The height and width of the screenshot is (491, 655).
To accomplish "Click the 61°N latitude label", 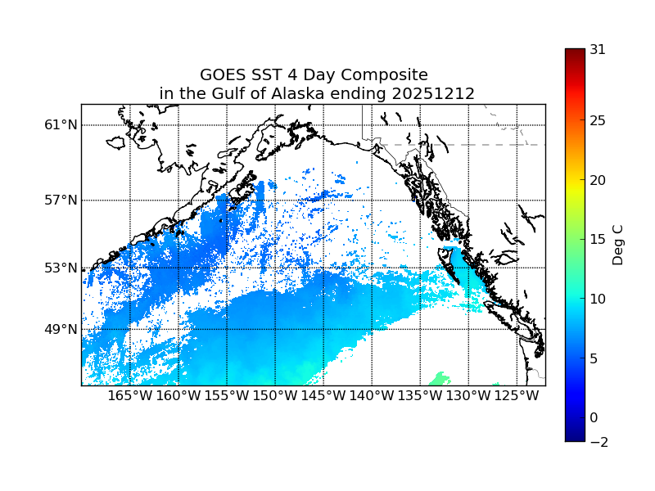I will click(x=61, y=124).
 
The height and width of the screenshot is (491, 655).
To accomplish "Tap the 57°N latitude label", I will click(x=61, y=200).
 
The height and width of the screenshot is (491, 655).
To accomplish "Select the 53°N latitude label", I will click(x=61, y=268).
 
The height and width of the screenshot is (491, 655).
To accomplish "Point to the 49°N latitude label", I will click(x=61, y=329).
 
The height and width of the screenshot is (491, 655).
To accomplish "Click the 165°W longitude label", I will click(x=130, y=396).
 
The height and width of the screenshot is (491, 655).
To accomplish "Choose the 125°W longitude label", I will click(x=517, y=396).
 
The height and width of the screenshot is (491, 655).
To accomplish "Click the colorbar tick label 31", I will click(x=598, y=49).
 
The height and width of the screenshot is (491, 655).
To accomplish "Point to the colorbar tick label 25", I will click(x=598, y=121).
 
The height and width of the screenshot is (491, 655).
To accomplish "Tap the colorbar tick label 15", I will click(x=598, y=240).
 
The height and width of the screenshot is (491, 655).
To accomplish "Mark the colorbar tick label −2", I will click(x=598, y=442).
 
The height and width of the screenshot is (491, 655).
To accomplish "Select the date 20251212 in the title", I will click(x=433, y=93).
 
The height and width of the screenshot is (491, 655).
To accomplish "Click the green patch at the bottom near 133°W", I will click(x=440, y=379).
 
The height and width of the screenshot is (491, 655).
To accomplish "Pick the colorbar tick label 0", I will click(x=594, y=417).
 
